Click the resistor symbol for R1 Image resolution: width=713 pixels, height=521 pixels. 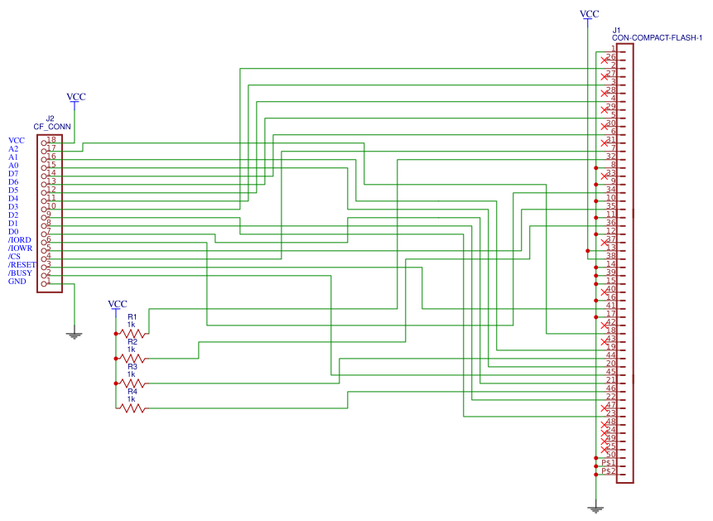(x=132, y=333)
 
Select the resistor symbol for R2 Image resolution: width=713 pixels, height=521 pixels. (x=132, y=358)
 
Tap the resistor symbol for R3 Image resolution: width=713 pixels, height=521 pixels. (x=132, y=383)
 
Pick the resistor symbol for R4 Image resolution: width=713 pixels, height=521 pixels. (x=132, y=408)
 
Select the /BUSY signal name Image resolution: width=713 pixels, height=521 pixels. (x=20, y=273)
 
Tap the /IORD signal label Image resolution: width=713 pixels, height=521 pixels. (x=20, y=240)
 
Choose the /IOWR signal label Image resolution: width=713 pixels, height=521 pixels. (x=20, y=248)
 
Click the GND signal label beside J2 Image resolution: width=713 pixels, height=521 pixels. (x=17, y=282)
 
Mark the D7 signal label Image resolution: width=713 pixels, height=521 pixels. (x=13, y=174)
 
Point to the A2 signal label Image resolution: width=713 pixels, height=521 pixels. (x=13, y=149)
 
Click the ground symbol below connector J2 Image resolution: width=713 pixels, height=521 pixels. (x=75, y=335)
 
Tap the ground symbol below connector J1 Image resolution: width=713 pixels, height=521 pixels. (x=595, y=509)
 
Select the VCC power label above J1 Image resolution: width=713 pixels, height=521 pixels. (x=589, y=14)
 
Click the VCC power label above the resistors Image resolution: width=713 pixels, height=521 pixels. (x=118, y=304)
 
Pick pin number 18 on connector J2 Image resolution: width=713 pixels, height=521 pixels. (x=51, y=140)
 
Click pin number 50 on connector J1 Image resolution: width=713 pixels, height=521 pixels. (x=610, y=455)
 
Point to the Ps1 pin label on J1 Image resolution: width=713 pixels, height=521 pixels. (x=609, y=463)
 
